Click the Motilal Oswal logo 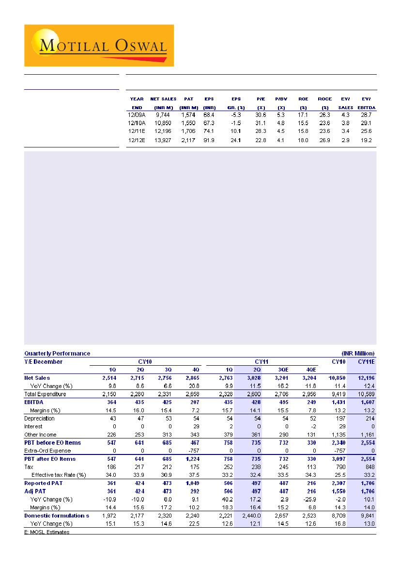tap(99, 46)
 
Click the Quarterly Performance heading tap(57, 354)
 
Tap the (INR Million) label tap(354, 354)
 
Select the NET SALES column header tap(163, 99)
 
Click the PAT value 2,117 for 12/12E tap(188, 140)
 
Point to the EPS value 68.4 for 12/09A tap(209, 115)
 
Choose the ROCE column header tap(324, 99)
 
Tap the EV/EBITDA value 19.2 tap(366, 140)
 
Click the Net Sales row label tap(37, 377)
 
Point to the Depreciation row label tap(39, 418)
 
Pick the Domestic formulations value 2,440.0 tap(251, 516)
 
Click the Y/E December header tap(44, 361)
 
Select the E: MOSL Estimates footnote tap(46, 532)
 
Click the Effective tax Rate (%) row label tap(58, 475)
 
